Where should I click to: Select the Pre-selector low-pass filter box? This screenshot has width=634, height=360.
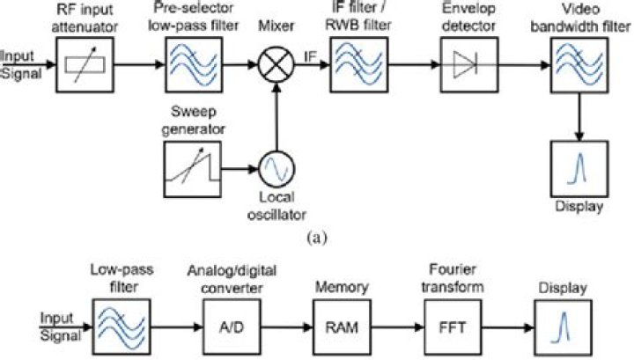[189, 63]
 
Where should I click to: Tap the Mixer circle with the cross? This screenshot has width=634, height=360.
[276, 63]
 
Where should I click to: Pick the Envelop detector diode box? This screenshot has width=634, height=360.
[464, 63]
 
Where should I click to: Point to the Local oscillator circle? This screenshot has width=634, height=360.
[276, 166]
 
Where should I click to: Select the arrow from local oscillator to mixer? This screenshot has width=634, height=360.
[276, 114]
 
